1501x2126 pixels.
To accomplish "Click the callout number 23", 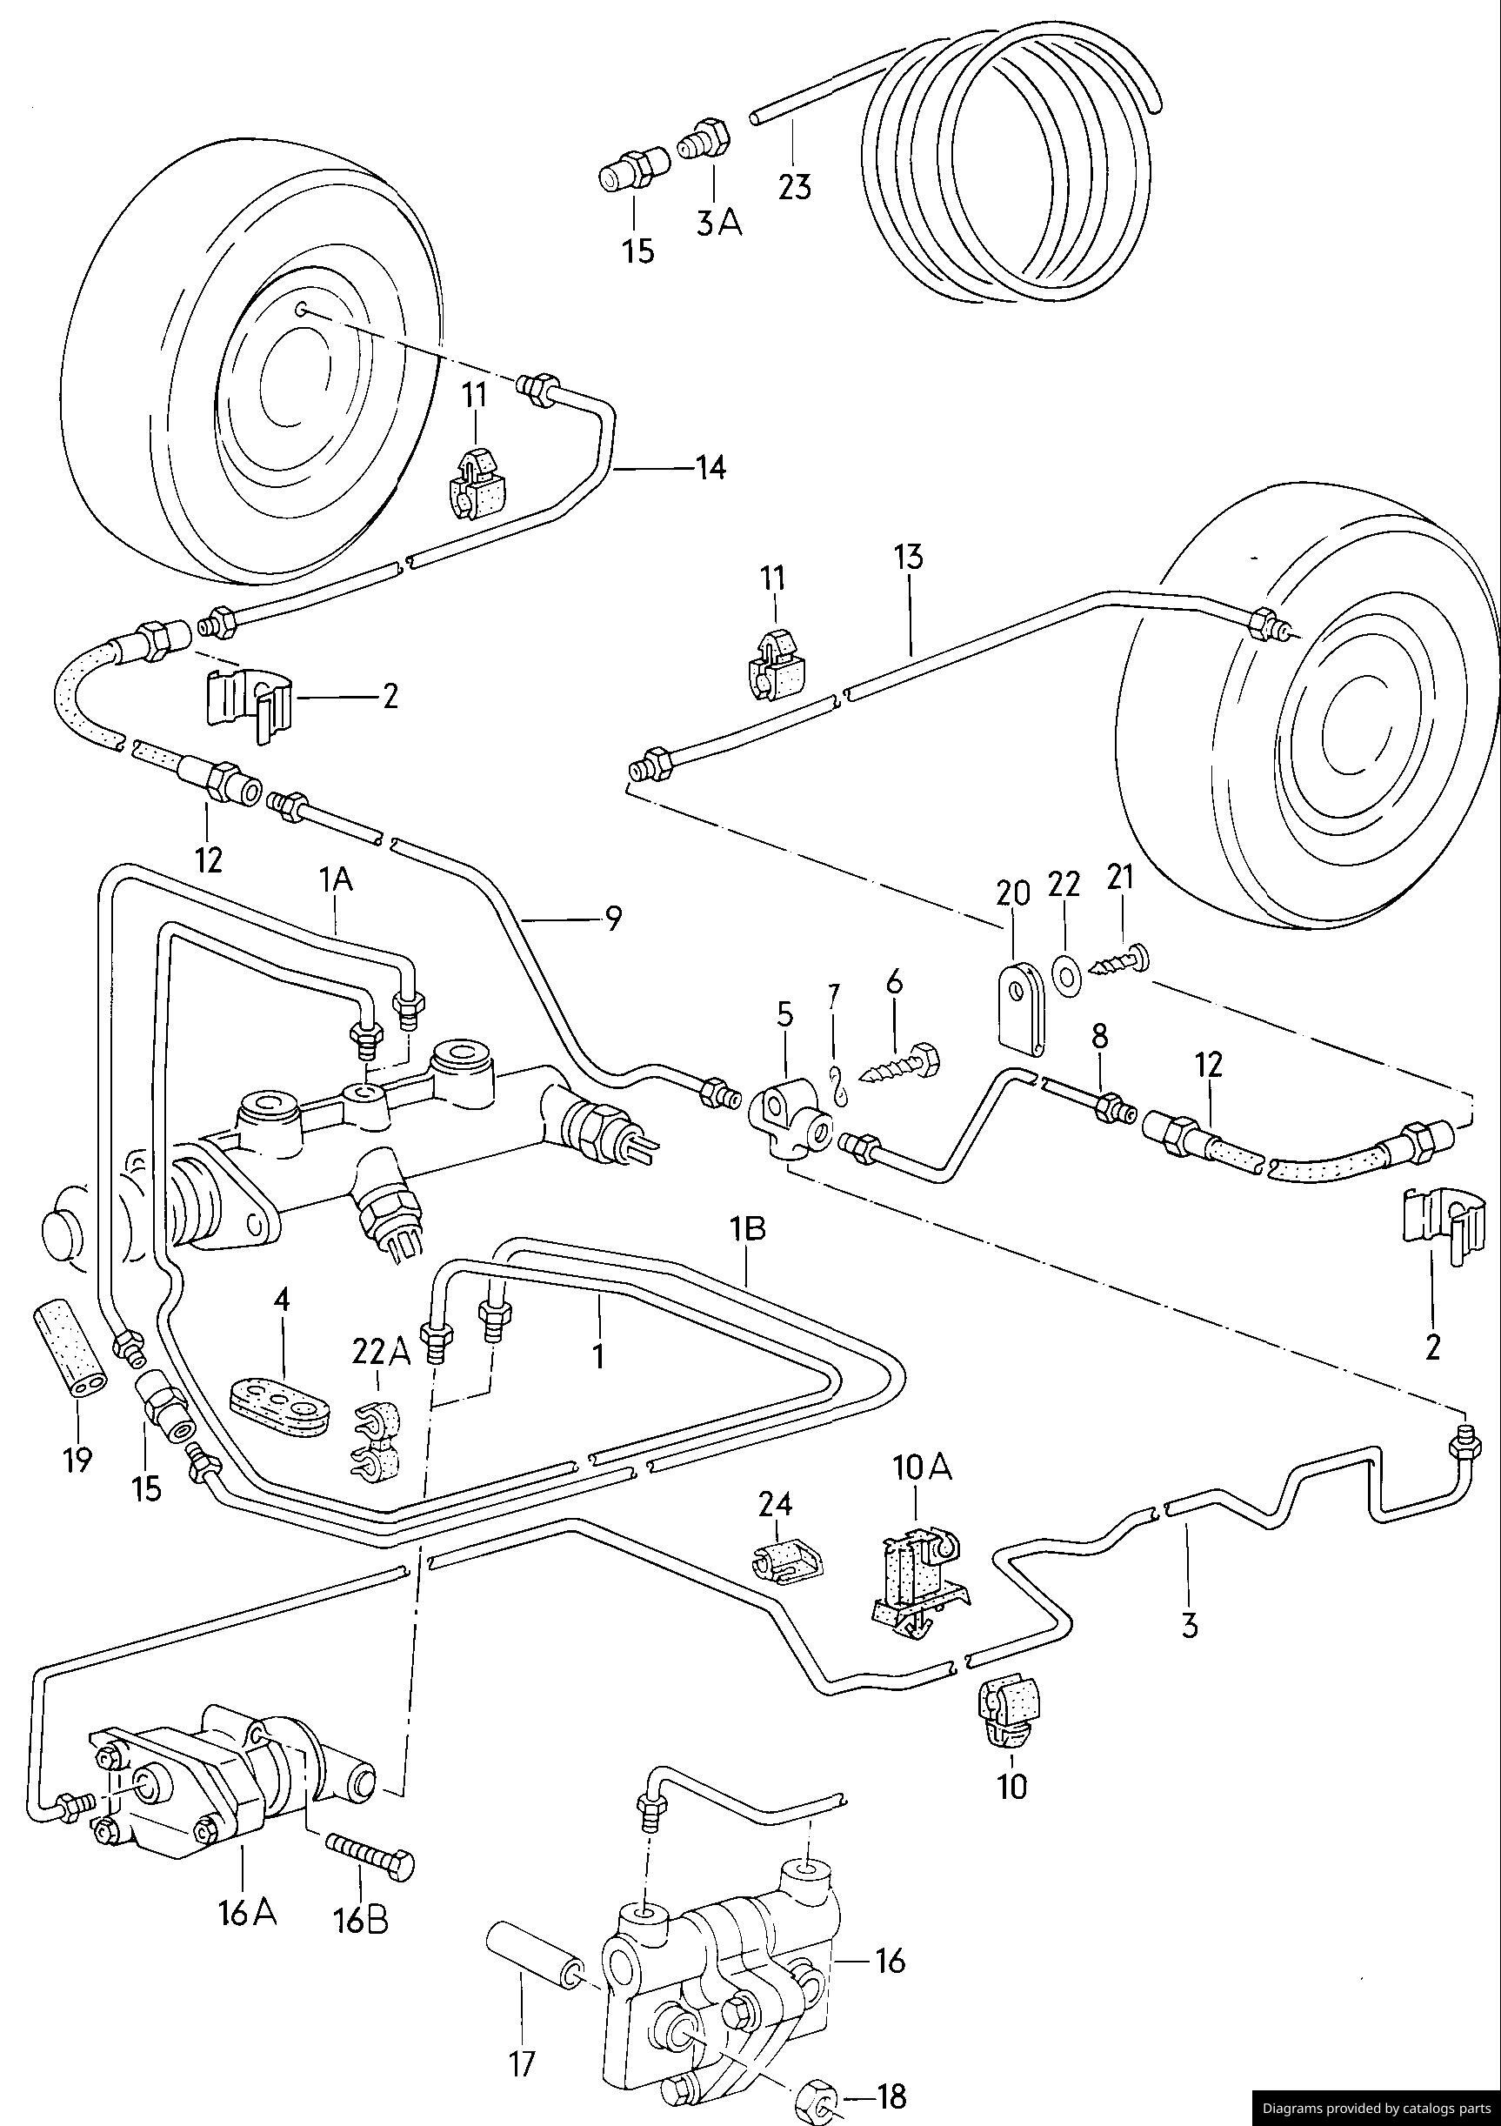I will click(795, 188).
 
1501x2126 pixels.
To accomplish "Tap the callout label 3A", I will click(718, 224).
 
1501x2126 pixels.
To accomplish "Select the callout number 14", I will click(710, 469).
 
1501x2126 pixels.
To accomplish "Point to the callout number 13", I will click(909, 558).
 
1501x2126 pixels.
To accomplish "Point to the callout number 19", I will click(77, 1461).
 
